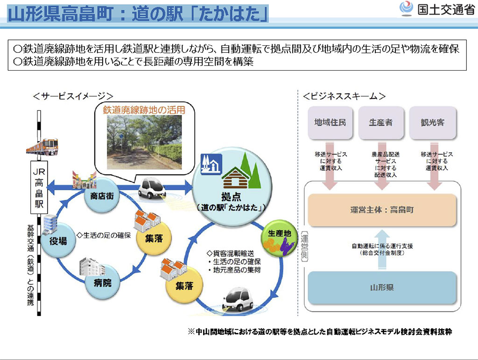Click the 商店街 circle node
point(99,196)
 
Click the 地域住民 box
point(330,122)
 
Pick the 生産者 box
point(380,122)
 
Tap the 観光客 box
point(432,122)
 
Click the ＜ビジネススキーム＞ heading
point(344,96)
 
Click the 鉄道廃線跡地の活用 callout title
point(144,110)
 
